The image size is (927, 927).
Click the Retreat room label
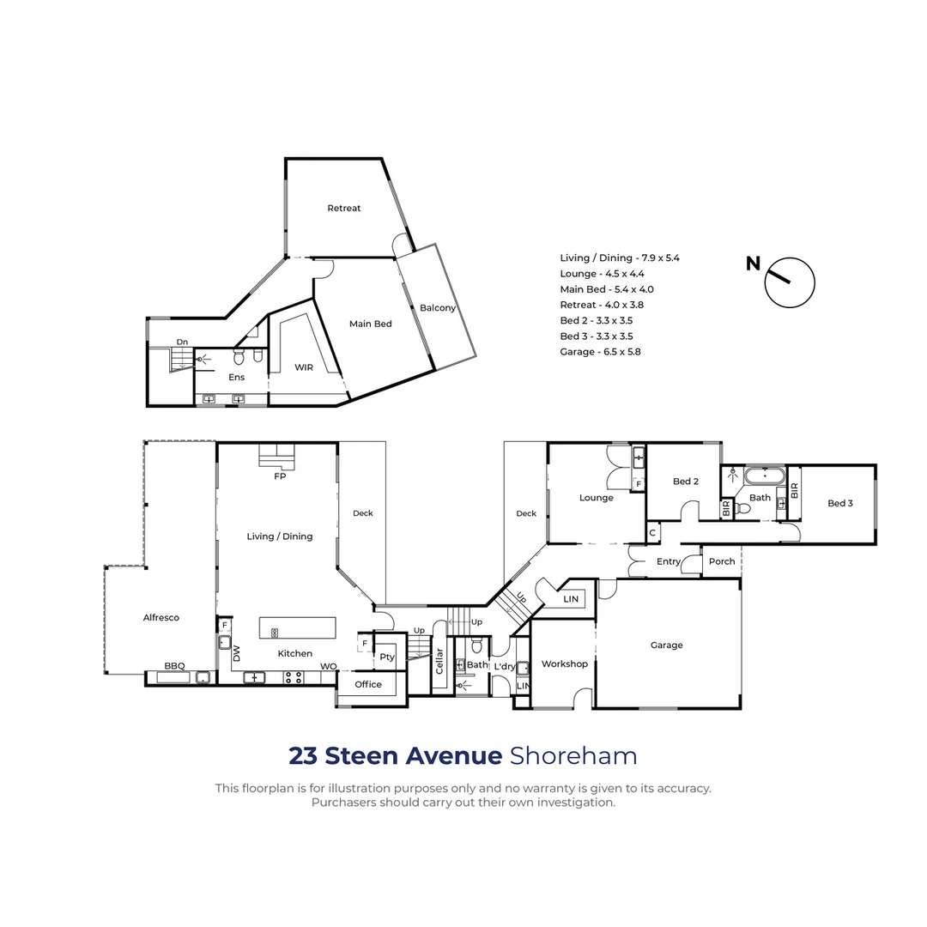[x=343, y=209]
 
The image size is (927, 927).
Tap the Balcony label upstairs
[x=438, y=308]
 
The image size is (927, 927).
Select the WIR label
[x=303, y=367]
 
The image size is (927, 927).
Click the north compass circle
[x=789, y=282]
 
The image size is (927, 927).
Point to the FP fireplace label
[x=280, y=476]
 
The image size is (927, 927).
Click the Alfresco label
[x=161, y=618]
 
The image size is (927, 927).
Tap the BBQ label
[x=175, y=666]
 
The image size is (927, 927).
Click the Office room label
[x=368, y=684]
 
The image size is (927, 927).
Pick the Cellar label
[x=439, y=660]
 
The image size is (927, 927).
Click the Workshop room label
[x=564, y=663]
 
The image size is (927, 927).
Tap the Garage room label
[x=666, y=645]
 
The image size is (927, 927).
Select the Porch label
[x=722, y=562]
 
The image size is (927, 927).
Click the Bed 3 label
[x=840, y=504]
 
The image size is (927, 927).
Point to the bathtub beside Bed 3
[x=761, y=476]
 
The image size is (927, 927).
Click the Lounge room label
[x=596, y=498]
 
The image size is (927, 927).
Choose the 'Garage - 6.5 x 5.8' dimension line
[x=600, y=352]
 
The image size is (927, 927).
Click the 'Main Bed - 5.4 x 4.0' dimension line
[x=606, y=289]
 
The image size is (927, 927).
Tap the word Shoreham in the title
[x=573, y=756]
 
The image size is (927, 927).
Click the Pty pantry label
[x=387, y=657]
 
